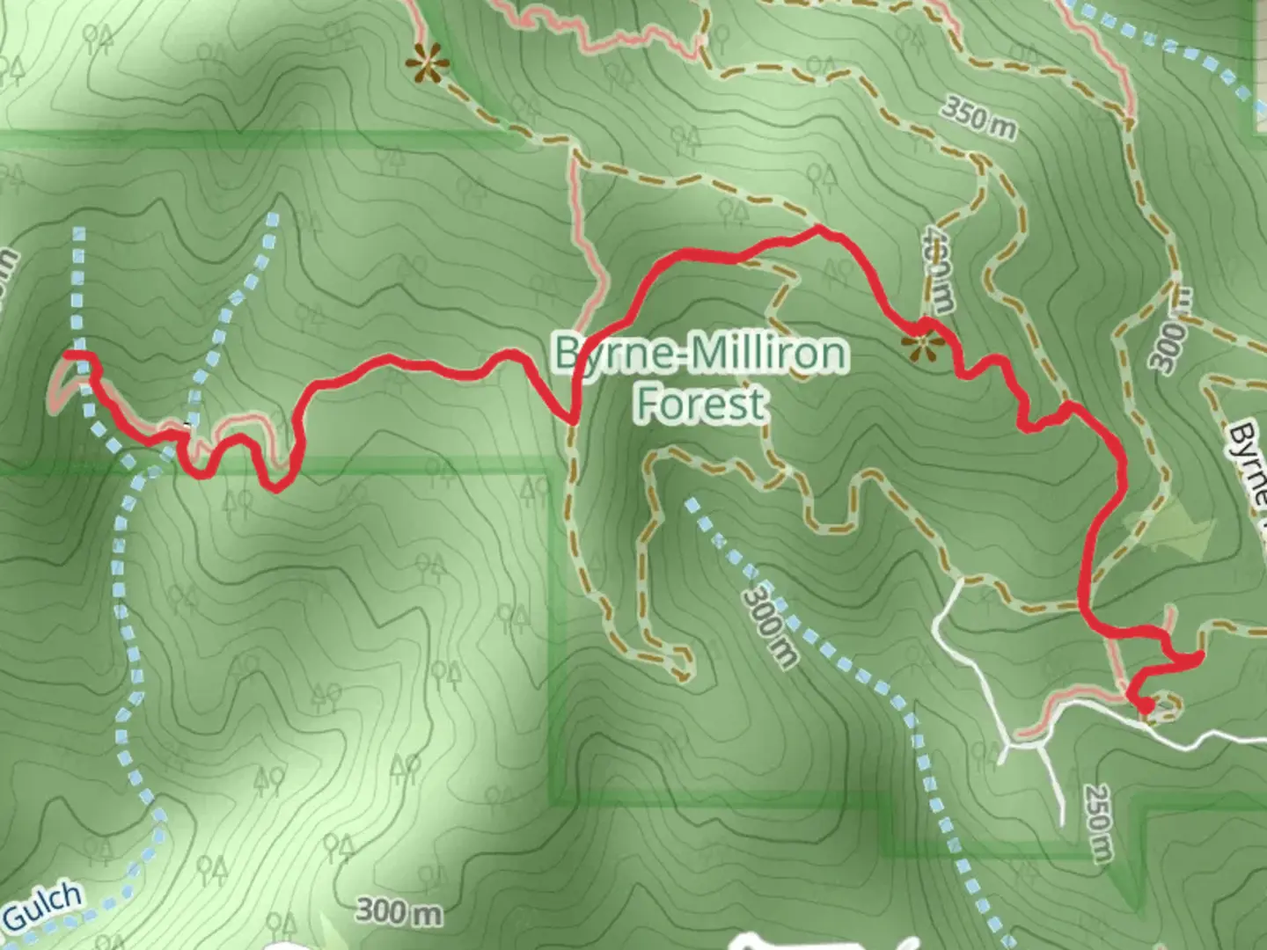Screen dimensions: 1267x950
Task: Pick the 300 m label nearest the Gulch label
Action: coord(399,911)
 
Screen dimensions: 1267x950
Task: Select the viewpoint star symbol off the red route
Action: coord(428,63)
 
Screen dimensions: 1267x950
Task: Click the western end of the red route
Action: coord(67,354)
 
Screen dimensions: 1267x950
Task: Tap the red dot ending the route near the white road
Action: coord(1146,705)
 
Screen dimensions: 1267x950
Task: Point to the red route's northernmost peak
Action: coord(819,229)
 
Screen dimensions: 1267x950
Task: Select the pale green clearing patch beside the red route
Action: coord(1175,528)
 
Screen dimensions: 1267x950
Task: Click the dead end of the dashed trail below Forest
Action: coord(683,676)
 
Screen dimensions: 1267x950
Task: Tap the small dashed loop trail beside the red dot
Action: coord(1167,706)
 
